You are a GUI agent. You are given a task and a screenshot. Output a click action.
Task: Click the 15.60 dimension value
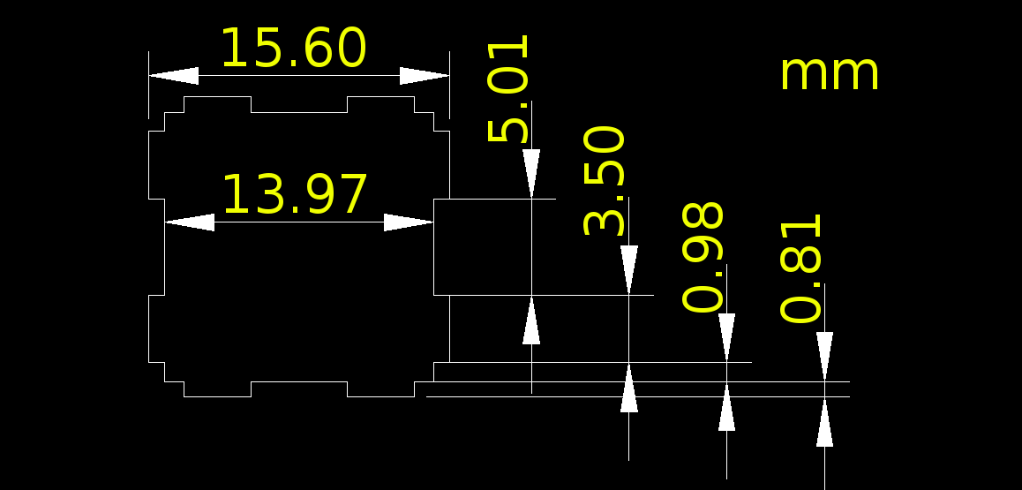pyautogui.click(x=292, y=49)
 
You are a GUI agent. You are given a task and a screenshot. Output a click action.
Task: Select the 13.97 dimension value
pyautogui.click(x=294, y=195)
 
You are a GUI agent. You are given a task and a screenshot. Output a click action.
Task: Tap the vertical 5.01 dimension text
pyautogui.click(x=509, y=88)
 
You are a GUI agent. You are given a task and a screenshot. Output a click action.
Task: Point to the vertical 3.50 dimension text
pyautogui.click(x=605, y=180)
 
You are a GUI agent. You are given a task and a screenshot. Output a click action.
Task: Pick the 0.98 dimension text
pyautogui.click(x=703, y=257)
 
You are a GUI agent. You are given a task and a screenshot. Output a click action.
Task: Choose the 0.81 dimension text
pyautogui.click(x=802, y=268)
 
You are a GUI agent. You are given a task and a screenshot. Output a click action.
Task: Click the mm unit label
pyautogui.click(x=830, y=73)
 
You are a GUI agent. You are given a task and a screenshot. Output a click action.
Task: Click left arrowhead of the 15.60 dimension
pyautogui.click(x=173, y=76)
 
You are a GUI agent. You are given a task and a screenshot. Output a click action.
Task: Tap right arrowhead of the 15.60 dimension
pyautogui.click(x=425, y=76)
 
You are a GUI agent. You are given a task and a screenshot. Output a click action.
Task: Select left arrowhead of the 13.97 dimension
pyautogui.click(x=190, y=222)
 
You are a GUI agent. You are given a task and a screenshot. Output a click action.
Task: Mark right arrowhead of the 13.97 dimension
pyautogui.click(x=409, y=222)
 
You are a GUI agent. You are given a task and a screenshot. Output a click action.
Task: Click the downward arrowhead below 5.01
pyautogui.click(x=531, y=173)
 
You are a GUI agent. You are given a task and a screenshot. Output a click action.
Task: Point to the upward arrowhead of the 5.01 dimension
pyautogui.click(x=531, y=320)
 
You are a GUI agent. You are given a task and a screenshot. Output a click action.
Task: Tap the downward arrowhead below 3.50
pyautogui.click(x=629, y=269)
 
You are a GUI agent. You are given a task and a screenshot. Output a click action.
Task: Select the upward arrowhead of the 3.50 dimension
pyautogui.click(x=629, y=388)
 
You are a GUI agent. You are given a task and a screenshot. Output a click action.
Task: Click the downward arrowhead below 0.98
pyautogui.click(x=726, y=337)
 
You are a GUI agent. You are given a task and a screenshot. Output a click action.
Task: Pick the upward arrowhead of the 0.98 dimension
pyautogui.click(x=726, y=407)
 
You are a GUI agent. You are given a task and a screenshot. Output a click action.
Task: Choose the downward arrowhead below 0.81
pyautogui.click(x=824, y=356)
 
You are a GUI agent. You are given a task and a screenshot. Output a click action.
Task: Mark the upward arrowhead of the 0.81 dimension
pyautogui.click(x=824, y=422)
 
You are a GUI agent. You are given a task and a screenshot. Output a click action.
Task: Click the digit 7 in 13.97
pyautogui.click(x=353, y=195)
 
